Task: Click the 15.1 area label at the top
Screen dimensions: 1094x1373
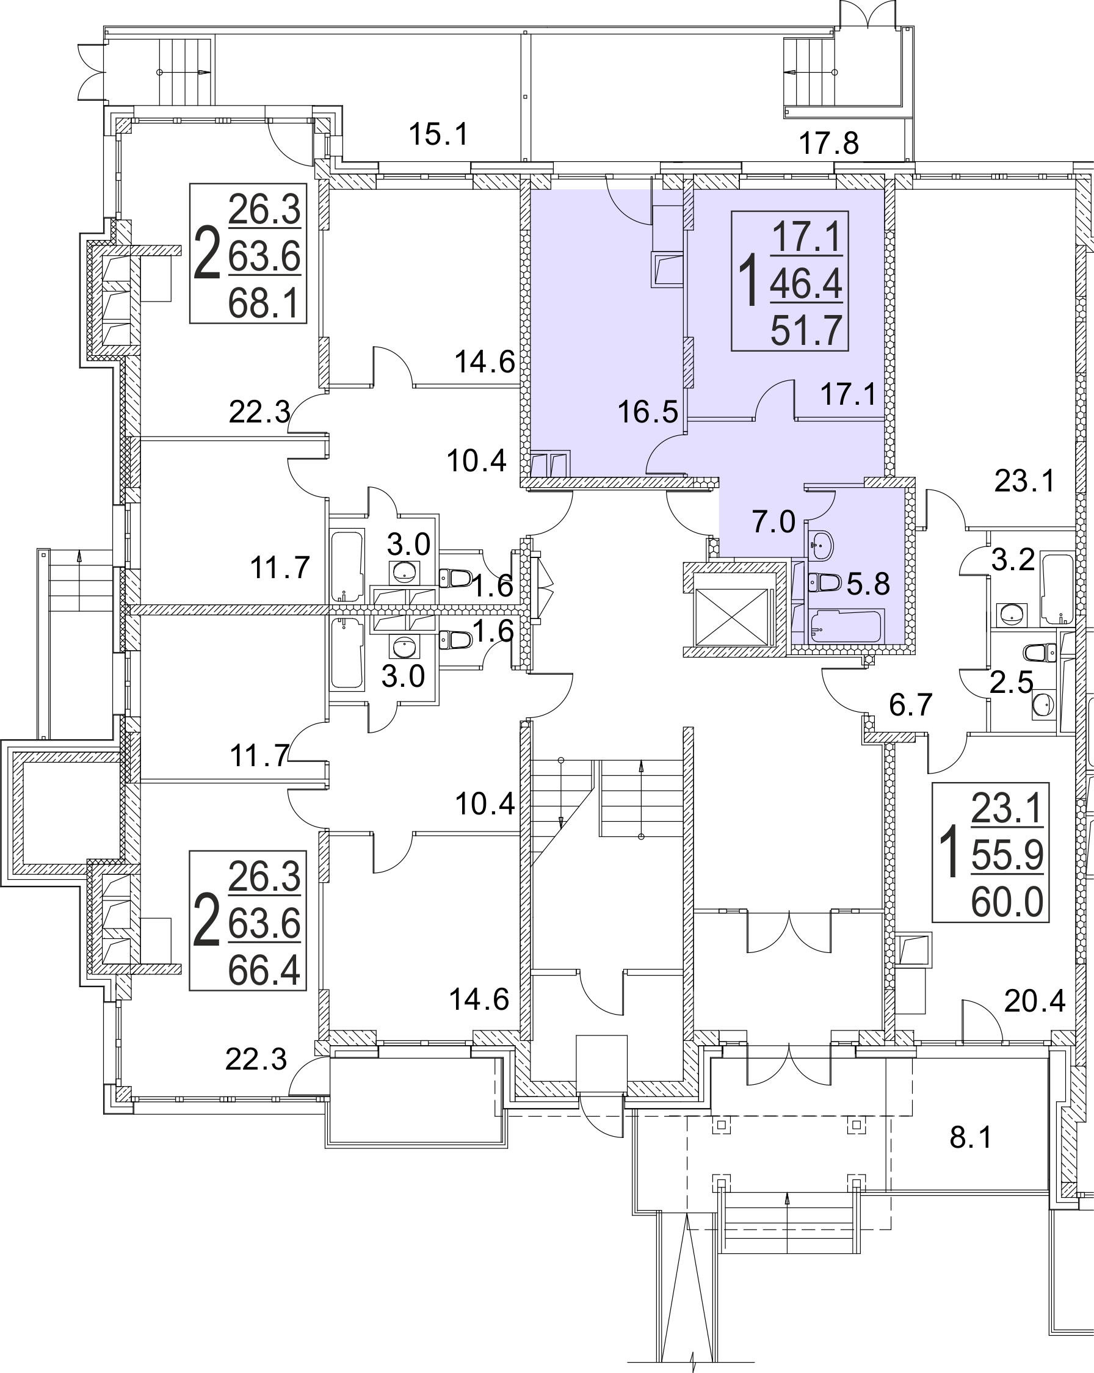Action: point(438,134)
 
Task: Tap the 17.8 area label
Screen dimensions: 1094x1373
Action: point(828,143)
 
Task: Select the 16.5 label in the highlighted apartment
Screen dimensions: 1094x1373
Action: point(648,412)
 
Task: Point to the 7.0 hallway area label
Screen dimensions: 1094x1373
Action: point(773,522)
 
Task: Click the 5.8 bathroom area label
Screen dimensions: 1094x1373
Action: point(868,584)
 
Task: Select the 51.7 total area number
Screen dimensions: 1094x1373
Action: point(807,330)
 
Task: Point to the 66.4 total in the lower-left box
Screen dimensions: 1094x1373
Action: point(264,971)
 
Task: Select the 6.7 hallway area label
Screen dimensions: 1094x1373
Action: point(911,705)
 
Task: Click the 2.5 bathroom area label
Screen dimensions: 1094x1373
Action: point(1012,683)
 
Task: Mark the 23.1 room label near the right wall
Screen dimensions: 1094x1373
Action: point(1025,482)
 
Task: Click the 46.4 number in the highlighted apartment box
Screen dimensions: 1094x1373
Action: point(806,283)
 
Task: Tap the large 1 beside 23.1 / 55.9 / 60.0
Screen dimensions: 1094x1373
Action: point(949,852)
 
